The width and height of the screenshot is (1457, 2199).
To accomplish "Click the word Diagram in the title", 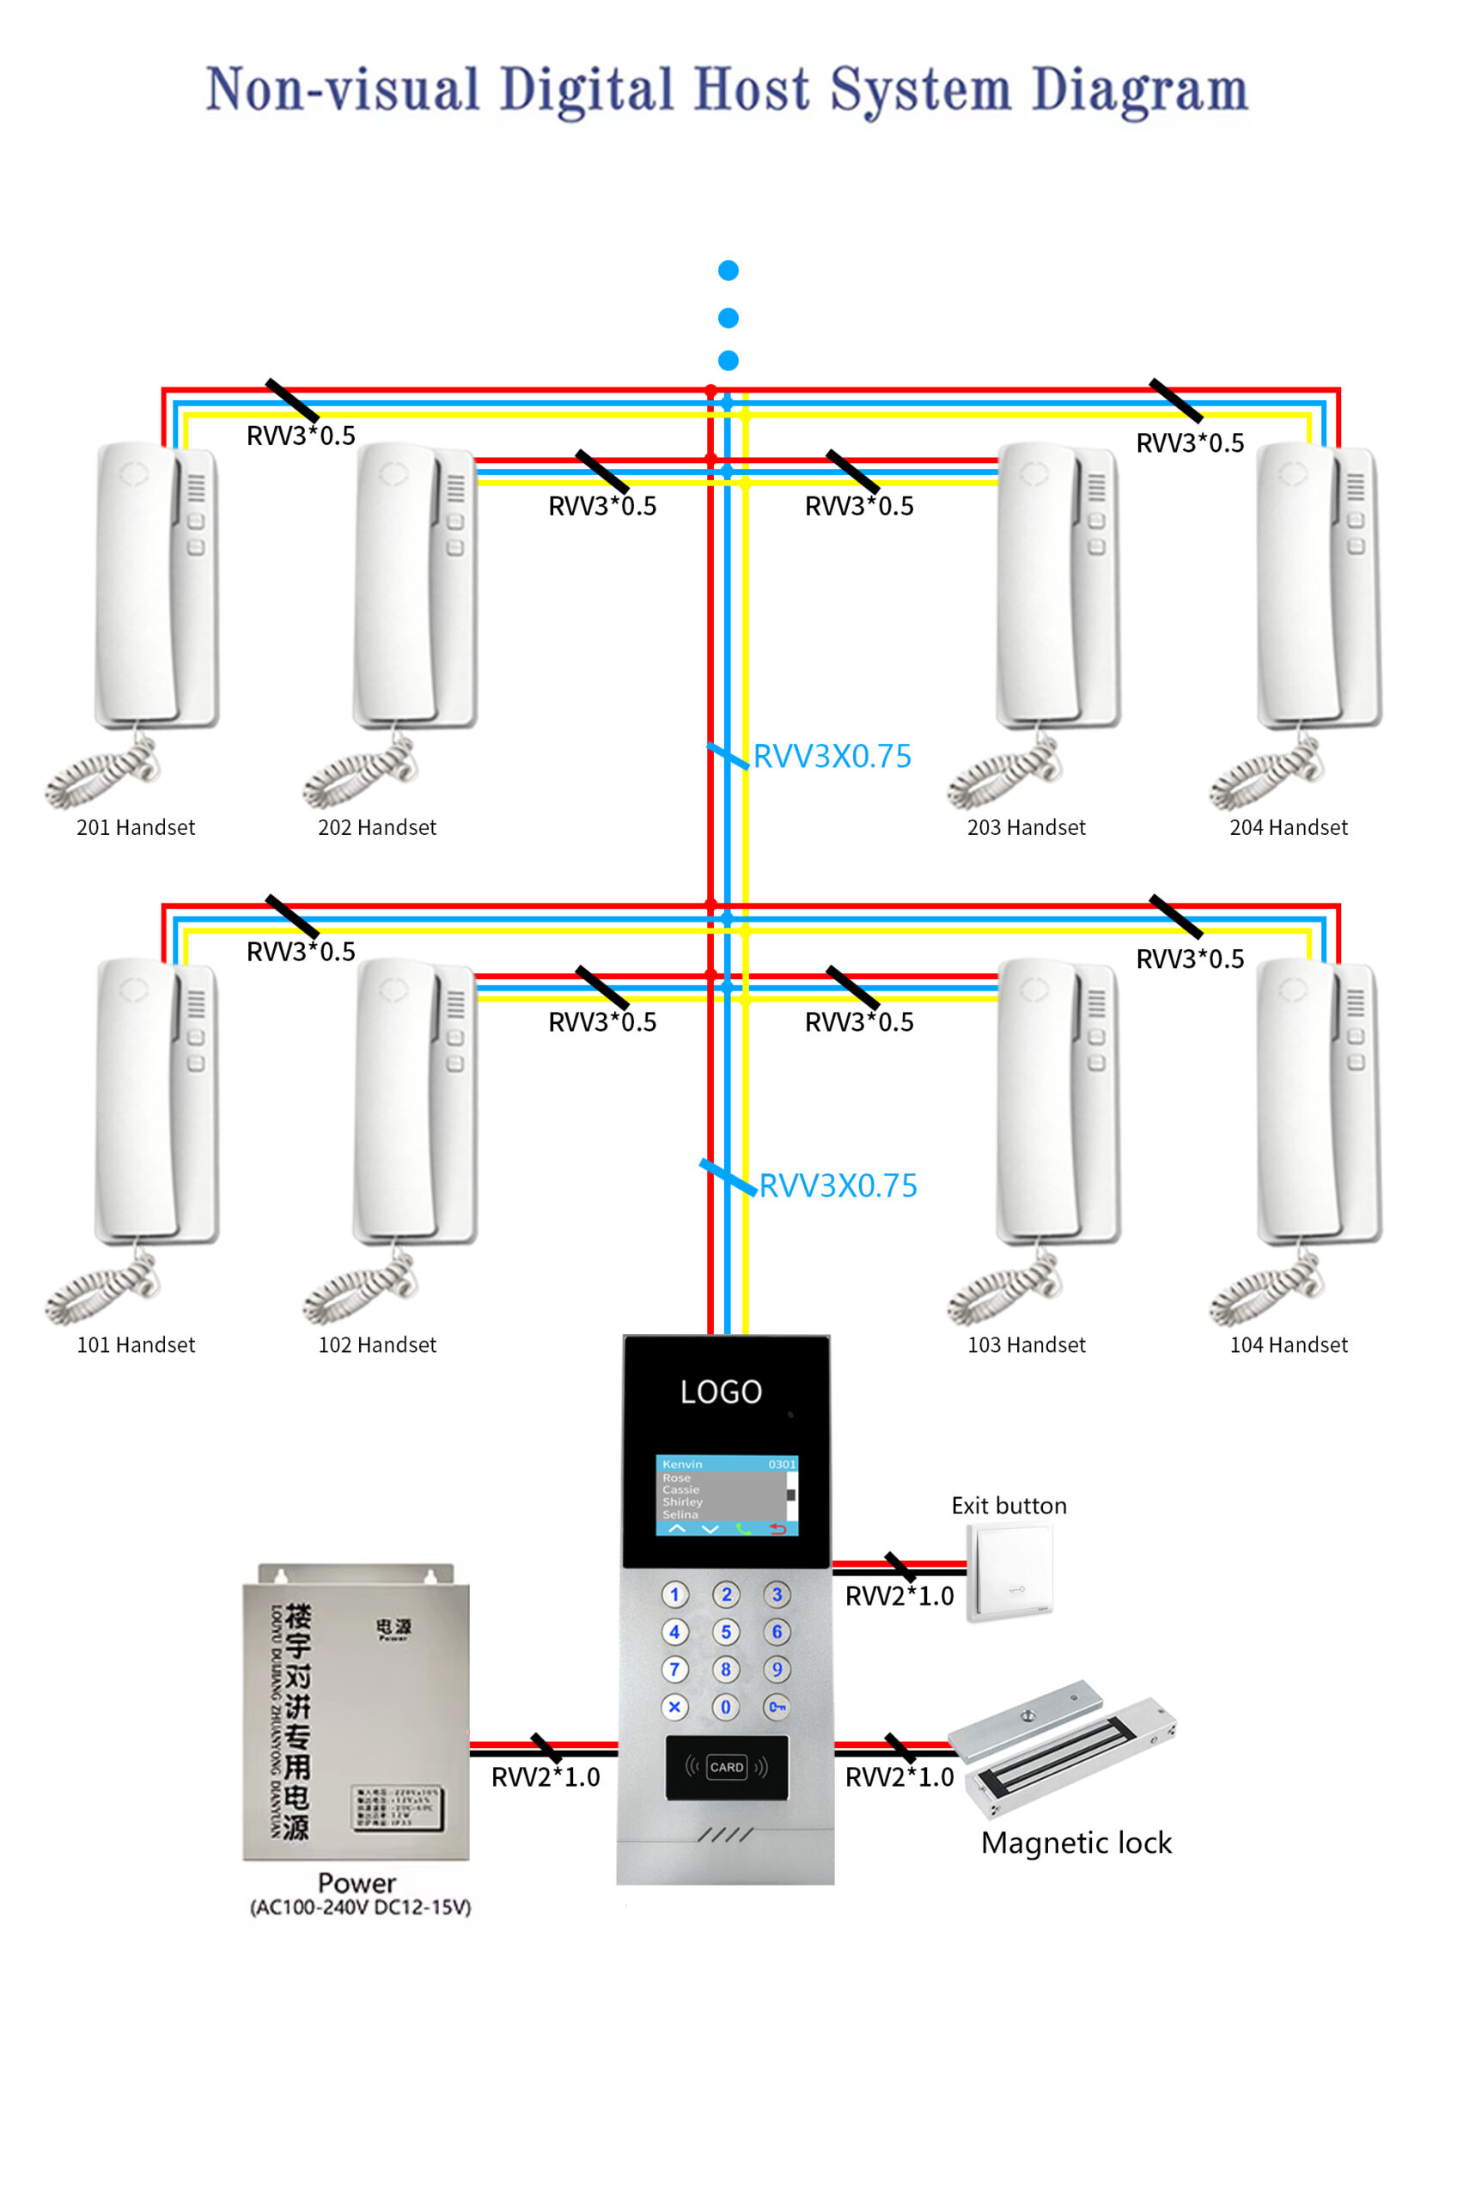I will click(1139, 91).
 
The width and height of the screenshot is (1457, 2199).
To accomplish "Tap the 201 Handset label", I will click(136, 827).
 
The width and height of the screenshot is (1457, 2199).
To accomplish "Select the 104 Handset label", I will click(1288, 1344).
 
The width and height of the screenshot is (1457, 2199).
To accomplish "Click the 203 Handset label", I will click(1026, 827).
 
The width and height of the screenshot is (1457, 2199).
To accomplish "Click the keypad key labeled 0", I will click(726, 1707).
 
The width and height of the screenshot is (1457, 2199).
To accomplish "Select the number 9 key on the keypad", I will click(777, 1670).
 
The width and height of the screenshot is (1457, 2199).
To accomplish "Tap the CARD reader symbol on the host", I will click(727, 1767).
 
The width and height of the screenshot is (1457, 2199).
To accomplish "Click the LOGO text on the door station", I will click(721, 1392).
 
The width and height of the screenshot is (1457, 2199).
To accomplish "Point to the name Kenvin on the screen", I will click(682, 1465).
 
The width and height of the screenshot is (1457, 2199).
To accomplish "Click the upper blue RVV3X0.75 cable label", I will click(832, 756).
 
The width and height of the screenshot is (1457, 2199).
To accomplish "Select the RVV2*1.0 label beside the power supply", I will click(546, 1777).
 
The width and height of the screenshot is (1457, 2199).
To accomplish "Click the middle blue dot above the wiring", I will click(728, 318).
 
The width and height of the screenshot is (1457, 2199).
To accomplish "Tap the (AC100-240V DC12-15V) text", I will click(361, 1907).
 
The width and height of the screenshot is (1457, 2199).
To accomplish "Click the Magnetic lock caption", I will click(1076, 1843).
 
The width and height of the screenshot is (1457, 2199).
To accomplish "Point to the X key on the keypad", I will click(674, 1707).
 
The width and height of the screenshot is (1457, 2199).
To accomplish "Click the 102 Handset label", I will click(377, 1344).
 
